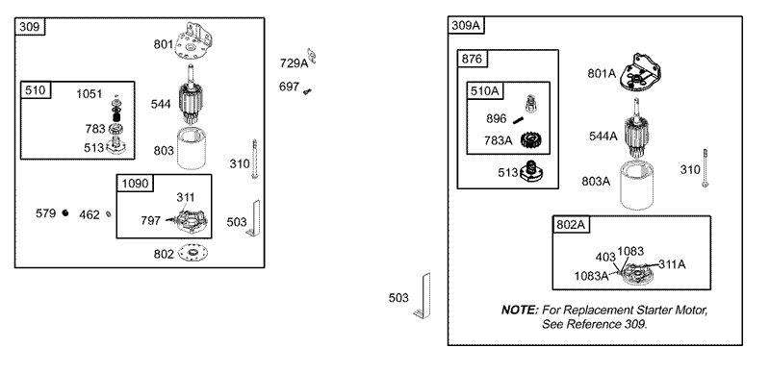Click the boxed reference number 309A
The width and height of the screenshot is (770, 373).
[x=466, y=25]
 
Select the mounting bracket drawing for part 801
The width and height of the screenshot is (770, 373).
[x=193, y=42]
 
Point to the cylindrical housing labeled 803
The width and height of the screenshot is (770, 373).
[x=191, y=148]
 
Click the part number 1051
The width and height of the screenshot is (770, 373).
[x=90, y=94]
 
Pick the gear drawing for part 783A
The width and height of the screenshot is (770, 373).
[x=530, y=140]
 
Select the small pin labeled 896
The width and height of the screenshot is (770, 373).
[x=518, y=119]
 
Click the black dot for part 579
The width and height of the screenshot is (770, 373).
[x=65, y=213]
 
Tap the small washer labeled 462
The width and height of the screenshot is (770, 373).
[x=109, y=214]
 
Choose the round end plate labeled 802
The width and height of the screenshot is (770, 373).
[x=192, y=253]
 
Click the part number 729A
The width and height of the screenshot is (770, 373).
[x=294, y=63]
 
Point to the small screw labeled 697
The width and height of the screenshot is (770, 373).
[x=307, y=90]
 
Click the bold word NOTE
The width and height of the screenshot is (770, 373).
[x=520, y=311]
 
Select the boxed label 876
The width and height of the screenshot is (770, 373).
[x=472, y=59]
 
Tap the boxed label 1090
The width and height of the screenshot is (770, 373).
[x=135, y=184]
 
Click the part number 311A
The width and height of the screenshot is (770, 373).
[x=672, y=264]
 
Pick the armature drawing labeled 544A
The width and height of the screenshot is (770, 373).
[x=637, y=129]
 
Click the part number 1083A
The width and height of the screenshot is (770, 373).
[x=591, y=276]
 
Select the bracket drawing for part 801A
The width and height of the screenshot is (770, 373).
[x=640, y=73]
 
